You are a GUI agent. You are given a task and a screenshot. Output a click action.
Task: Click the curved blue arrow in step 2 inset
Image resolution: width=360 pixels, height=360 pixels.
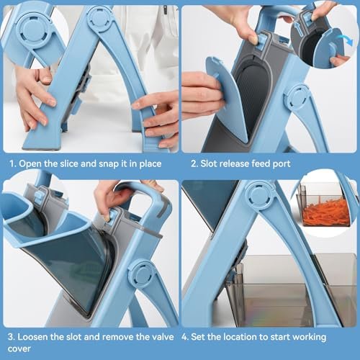point(348,45)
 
